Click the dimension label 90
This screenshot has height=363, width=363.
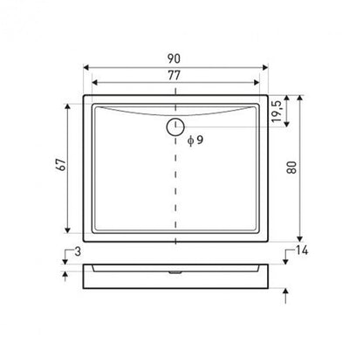174,58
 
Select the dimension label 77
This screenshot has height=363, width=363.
174,75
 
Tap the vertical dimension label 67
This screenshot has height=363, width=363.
61,165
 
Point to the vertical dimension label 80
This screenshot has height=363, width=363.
291,168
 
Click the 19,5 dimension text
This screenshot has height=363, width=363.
277,112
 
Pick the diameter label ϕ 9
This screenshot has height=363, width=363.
195,140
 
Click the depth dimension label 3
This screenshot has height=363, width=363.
78,251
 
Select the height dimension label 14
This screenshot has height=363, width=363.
302,250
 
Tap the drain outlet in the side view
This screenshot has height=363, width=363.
175,272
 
